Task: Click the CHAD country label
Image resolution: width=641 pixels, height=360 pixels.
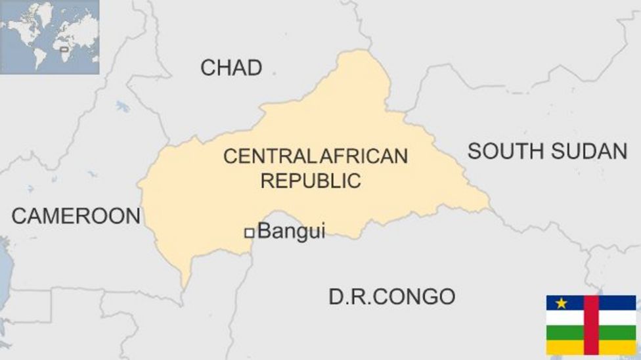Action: (231, 68)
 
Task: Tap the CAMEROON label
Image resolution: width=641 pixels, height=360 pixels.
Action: (76, 216)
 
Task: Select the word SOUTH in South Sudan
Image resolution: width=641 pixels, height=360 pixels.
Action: (505, 152)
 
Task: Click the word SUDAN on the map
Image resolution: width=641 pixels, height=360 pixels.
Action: (588, 152)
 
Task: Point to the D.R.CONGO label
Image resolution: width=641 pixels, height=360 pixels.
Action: (391, 297)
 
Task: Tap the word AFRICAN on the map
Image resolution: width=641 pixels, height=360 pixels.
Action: (363, 156)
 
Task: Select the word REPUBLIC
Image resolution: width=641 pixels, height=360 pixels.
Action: (311, 181)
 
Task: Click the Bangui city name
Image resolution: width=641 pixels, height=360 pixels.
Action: (291, 231)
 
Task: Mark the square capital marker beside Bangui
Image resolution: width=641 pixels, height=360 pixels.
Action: (249, 233)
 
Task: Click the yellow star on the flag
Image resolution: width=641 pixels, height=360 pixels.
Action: (562, 303)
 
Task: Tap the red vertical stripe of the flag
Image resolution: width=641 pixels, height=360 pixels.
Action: (591, 325)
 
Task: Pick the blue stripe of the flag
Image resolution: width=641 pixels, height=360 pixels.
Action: (617, 302)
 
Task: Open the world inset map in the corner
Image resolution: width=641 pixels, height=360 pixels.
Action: (49, 37)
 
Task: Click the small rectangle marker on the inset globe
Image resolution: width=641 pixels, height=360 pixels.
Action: (64, 49)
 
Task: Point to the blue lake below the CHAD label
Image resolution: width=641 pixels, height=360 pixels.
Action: (123, 106)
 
